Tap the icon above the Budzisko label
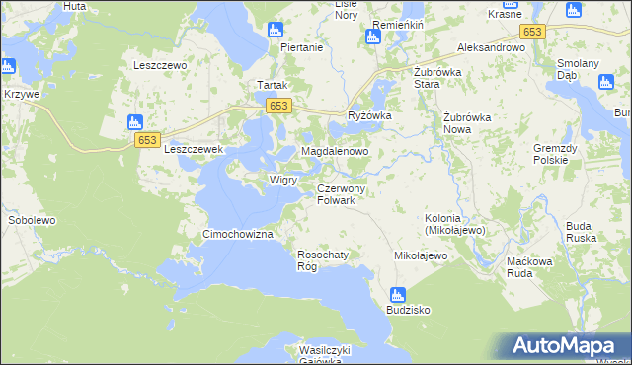pyautogui.click(x=397, y=294)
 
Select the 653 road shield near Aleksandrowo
pyautogui.click(x=532, y=33)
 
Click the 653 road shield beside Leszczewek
pyautogui.click(x=147, y=140)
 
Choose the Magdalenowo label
pyautogui.click(x=335, y=152)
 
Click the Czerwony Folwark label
pyautogui.click(x=343, y=194)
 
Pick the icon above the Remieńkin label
pyautogui.click(x=372, y=37)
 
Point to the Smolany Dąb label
pyautogui.click(x=605, y=69)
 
